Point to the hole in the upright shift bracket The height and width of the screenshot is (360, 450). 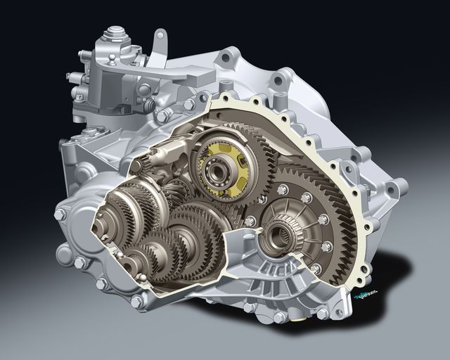click(x=161, y=34)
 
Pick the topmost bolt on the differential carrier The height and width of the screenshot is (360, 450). click(x=283, y=189)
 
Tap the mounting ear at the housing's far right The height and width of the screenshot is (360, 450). click(x=399, y=187)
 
